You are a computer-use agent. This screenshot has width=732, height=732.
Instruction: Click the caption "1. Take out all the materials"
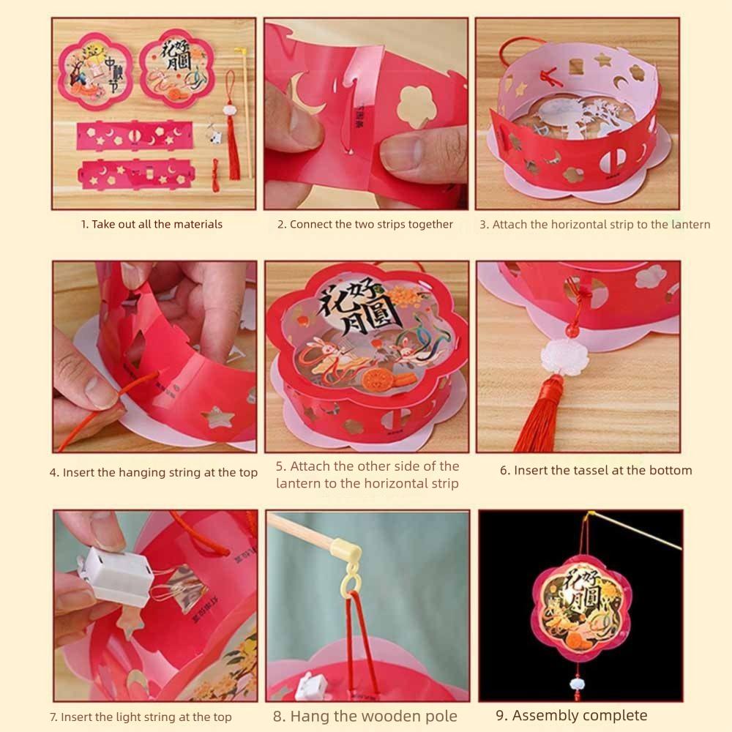pos(152,224)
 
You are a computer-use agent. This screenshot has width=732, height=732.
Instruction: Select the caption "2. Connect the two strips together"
pos(365,224)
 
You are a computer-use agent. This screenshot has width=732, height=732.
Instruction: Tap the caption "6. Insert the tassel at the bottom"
pos(596,470)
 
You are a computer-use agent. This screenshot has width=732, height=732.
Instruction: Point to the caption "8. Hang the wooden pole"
pos(365,716)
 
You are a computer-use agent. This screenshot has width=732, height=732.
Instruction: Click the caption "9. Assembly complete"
pos(572,715)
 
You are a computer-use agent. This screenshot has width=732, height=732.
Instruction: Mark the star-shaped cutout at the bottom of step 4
pos(220,417)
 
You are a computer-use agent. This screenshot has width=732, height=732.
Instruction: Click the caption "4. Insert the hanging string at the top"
pos(154,473)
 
